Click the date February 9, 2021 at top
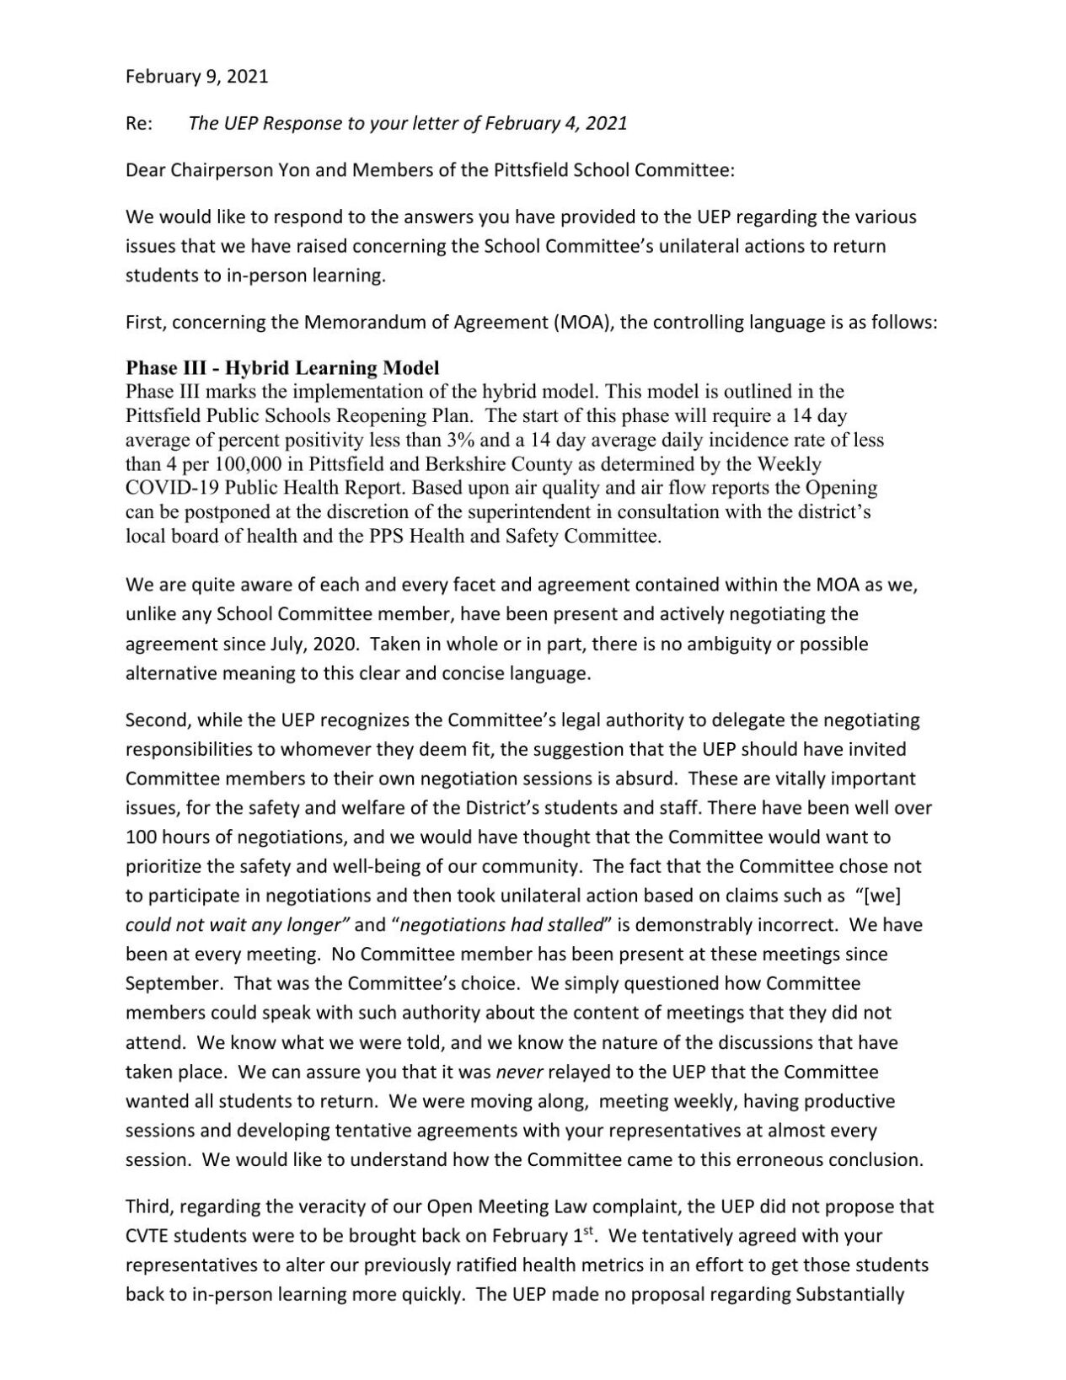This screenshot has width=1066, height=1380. tap(196, 77)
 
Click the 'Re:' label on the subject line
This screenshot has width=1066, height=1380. tap(138, 124)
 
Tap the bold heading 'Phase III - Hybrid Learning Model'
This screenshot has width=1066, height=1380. tap(282, 368)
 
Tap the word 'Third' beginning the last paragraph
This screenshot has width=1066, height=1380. tap(148, 1206)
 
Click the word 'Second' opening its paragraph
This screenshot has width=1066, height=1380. tap(154, 720)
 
